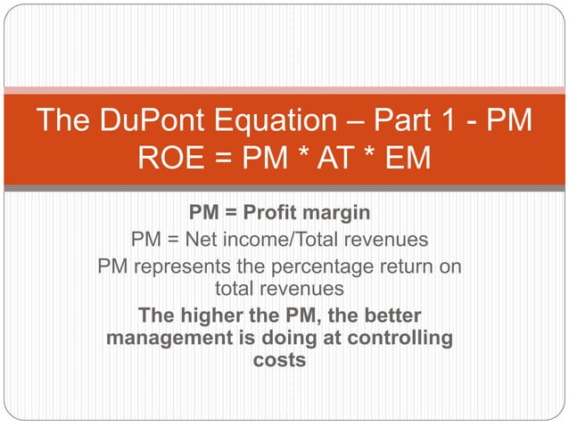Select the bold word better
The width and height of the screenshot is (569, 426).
389,316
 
